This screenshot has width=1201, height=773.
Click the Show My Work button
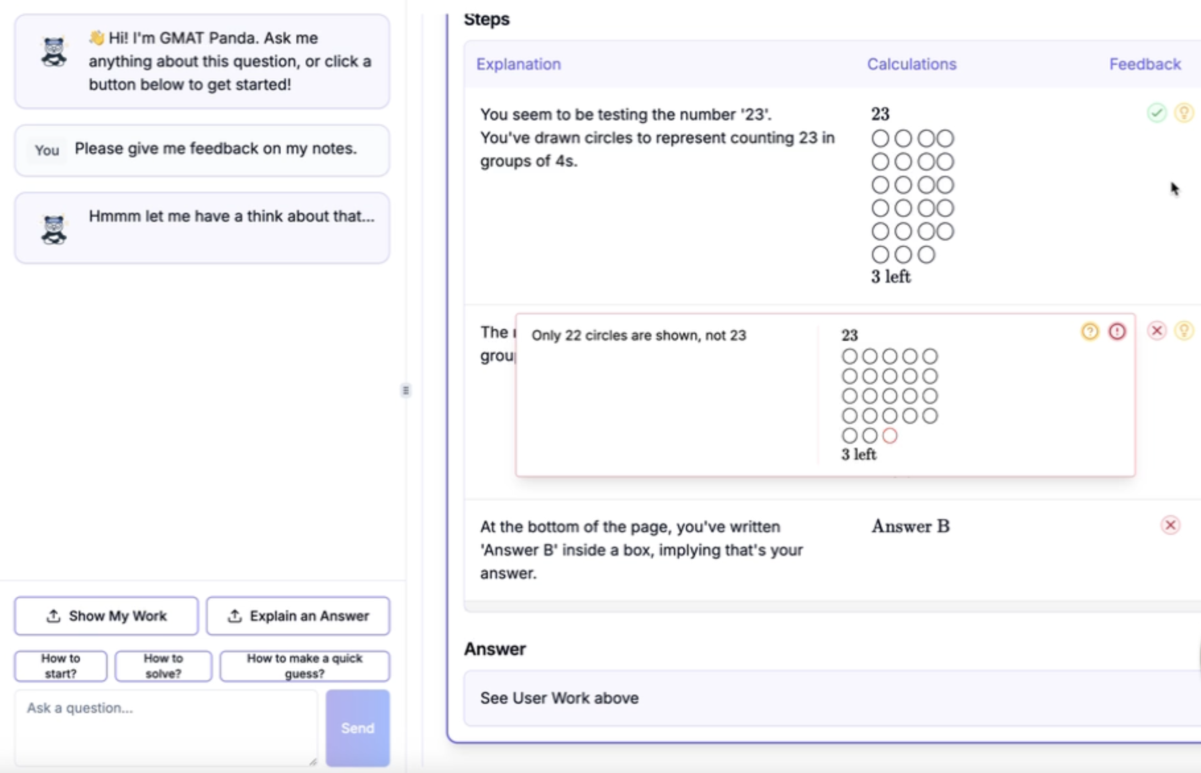click(x=106, y=616)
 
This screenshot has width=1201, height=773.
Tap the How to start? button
click(x=60, y=666)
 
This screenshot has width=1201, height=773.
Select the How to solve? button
click(x=163, y=666)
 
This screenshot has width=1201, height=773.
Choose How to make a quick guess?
click(x=304, y=666)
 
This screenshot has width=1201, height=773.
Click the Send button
click(x=358, y=728)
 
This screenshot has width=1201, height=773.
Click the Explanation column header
click(x=518, y=64)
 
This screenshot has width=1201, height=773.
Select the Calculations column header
click(x=912, y=64)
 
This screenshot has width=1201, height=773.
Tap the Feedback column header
click(x=1145, y=64)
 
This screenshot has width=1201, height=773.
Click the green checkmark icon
click(x=1157, y=113)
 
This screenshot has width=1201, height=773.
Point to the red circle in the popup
click(x=890, y=435)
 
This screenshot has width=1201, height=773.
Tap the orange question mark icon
click(x=1090, y=331)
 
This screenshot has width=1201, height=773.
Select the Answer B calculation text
click(x=911, y=526)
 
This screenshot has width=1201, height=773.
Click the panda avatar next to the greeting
click(x=54, y=52)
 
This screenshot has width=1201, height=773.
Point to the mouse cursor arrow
click(x=1174, y=189)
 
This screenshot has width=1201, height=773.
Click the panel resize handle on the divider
click(x=406, y=390)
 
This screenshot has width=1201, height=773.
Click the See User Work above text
click(x=560, y=698)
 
